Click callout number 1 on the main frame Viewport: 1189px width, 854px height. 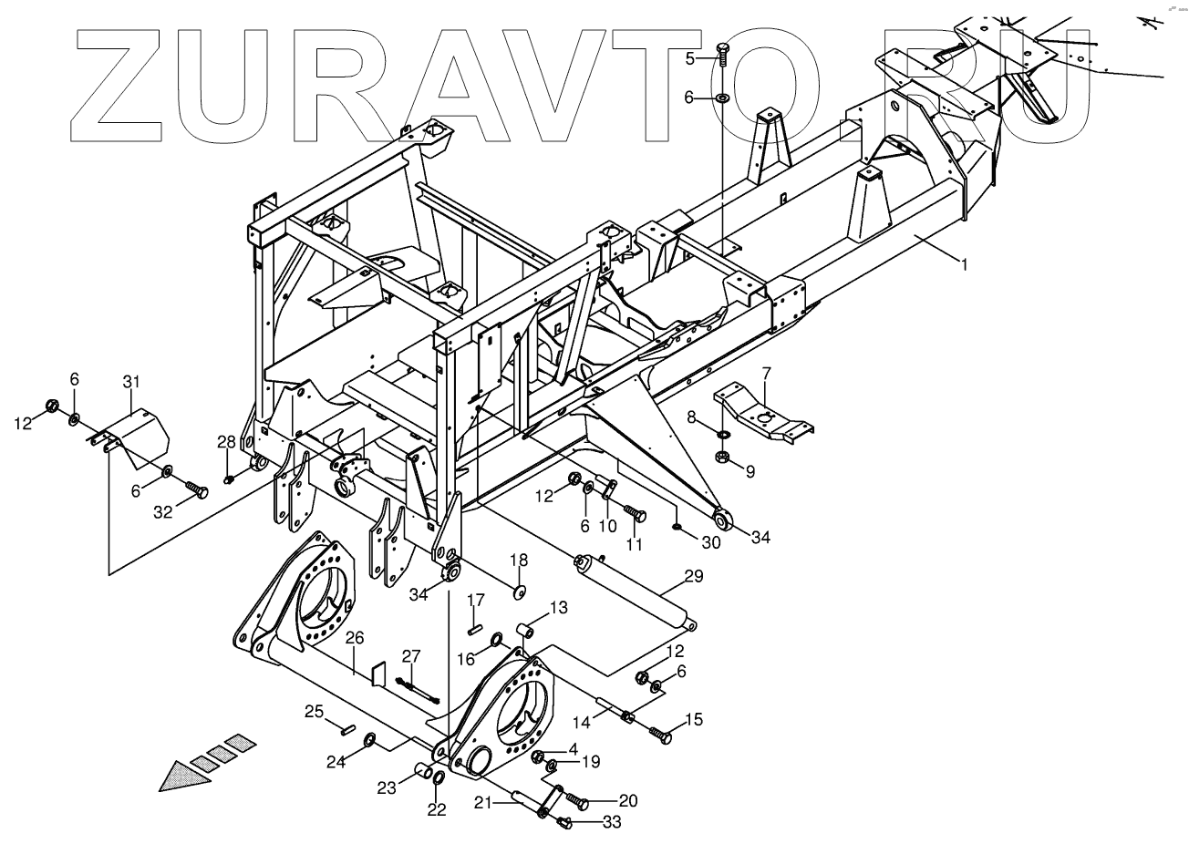(963, 264)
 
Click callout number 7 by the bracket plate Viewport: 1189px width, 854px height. (766, 372)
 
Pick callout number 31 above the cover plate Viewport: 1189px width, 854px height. (131, 380)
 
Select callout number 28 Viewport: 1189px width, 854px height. (226, 442)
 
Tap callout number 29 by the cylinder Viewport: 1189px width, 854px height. (694, 577)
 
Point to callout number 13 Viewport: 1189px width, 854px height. (558, 607)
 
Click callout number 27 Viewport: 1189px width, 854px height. (411, 655)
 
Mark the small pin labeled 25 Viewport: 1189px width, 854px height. (346, 727)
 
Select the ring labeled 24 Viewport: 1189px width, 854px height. (370, 737)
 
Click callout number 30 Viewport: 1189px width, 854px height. (710, 541)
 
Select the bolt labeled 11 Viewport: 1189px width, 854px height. (635, 516)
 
